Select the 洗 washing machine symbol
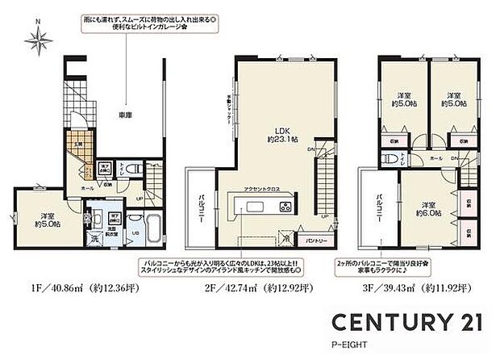click(94, 240)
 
